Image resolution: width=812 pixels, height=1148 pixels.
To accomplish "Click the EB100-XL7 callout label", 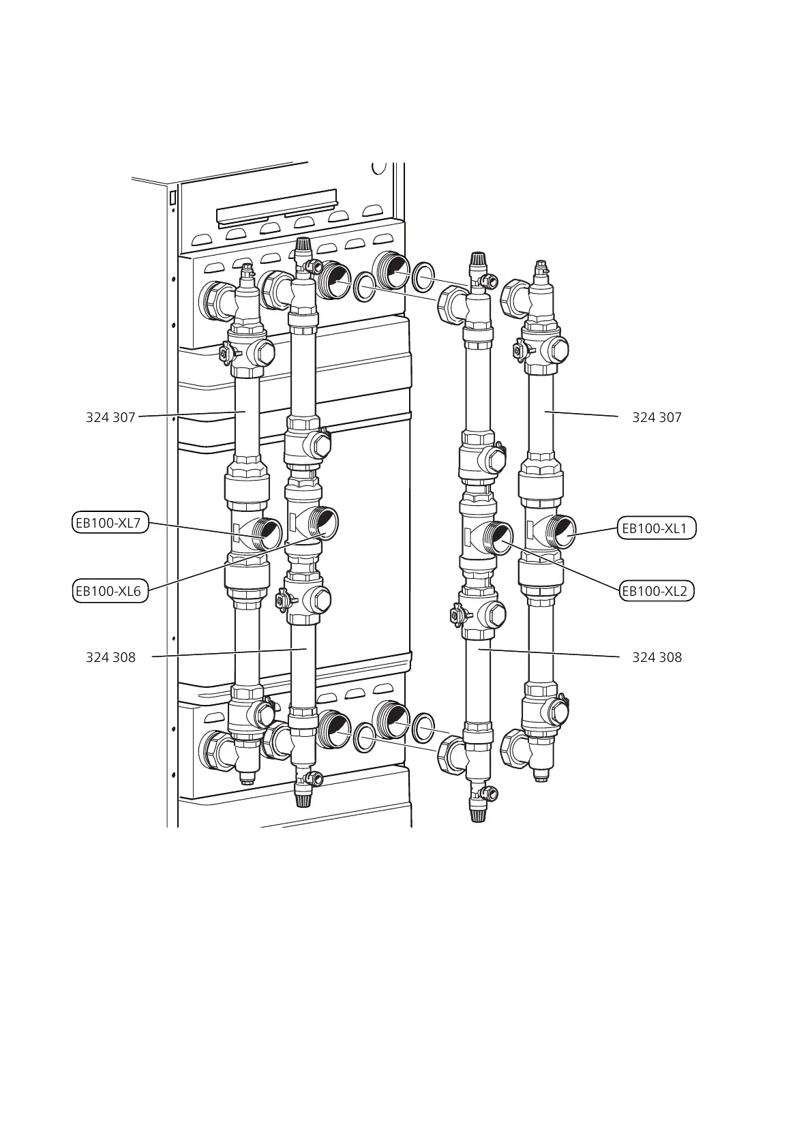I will [x=110, y=523].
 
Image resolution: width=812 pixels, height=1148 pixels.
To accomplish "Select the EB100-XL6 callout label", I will [x=110, y=591].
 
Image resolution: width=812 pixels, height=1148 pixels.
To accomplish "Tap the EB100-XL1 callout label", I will [x=657, y=528].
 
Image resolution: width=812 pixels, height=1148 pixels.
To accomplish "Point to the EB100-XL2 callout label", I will [x=657, y=591].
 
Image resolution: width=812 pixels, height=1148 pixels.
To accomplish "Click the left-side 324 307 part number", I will [x=110, y=417].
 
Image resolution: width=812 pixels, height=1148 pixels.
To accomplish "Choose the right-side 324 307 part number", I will [x=657, y=417].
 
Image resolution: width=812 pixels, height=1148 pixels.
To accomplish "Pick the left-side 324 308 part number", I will [x=110, y=657].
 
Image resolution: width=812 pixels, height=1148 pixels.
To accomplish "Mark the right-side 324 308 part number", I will [x=657, y=657].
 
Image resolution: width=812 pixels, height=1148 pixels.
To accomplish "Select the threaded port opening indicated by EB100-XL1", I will [x=564, y=532].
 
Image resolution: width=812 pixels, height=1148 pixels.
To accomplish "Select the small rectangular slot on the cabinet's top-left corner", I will [x=173, y=198].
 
